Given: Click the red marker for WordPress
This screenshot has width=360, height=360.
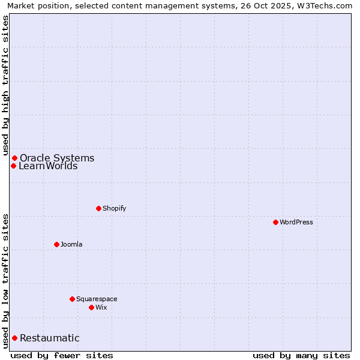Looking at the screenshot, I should coord(275,222).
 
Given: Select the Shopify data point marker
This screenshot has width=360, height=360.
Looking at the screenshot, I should coord(98,208).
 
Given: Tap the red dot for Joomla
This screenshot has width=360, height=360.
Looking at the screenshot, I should coord(56,244).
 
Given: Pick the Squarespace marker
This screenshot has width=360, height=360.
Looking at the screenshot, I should coord(72,299).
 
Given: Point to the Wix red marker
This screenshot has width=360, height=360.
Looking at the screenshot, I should coord(91,307).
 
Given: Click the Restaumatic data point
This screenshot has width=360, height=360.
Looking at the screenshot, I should coord(14,338).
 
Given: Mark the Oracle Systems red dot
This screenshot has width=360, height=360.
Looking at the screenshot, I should coord(14,158).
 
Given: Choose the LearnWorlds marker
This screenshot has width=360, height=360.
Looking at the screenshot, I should coord(13,166).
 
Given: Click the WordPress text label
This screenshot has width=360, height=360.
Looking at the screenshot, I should coord(296,222).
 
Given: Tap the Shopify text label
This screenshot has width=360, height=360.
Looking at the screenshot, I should coord(114,208).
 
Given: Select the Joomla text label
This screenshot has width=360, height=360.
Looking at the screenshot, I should coord(71,244).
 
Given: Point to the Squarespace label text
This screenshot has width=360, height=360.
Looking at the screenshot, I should coord(97,299).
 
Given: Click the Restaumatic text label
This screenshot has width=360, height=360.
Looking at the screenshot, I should coord(50,338).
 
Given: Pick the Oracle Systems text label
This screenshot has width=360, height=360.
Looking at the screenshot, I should coord(57,158).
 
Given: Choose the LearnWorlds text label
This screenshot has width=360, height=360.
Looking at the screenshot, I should coord(48,166).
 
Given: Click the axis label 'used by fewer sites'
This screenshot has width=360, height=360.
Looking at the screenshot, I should coord(62,355).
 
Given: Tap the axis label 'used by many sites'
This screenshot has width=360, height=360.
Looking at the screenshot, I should coord(301,355).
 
